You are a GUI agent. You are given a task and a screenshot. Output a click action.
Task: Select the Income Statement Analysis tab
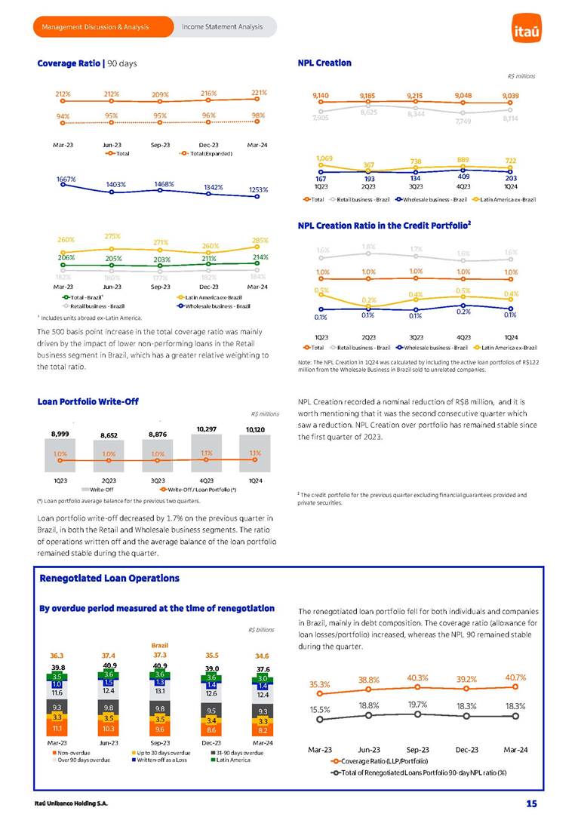[x=222, y=27]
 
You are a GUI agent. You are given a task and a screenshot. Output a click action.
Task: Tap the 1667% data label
[x=66, y=180]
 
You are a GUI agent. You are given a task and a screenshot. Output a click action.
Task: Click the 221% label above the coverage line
[x=259, y=93]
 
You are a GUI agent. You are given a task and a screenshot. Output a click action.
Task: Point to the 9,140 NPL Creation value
[x=320, y=96]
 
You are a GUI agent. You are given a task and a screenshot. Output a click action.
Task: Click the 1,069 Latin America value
[x=324, y=158]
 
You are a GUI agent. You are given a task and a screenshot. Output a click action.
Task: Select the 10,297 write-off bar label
[x=207, y=428]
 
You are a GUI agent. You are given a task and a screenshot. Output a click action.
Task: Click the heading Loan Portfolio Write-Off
[x=88, y=401]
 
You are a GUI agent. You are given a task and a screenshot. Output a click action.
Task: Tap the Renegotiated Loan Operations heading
[x=109, y=578]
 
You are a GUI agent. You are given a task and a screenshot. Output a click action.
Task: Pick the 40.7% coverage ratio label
[x=516, y=677]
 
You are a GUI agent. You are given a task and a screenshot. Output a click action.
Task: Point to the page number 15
[x=531, y=803]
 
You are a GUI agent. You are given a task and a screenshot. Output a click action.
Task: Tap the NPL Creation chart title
[x=324, y=63]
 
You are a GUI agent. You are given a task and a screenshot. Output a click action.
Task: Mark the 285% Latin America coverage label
[x=259, y=241]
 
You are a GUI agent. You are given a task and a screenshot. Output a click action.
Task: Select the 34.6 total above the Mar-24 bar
[x=263, y=656]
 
